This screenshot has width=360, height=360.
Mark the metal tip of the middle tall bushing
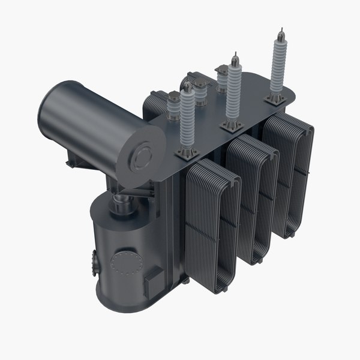click(231, 60)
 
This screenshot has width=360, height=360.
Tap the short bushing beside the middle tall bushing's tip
click(223, 75)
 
